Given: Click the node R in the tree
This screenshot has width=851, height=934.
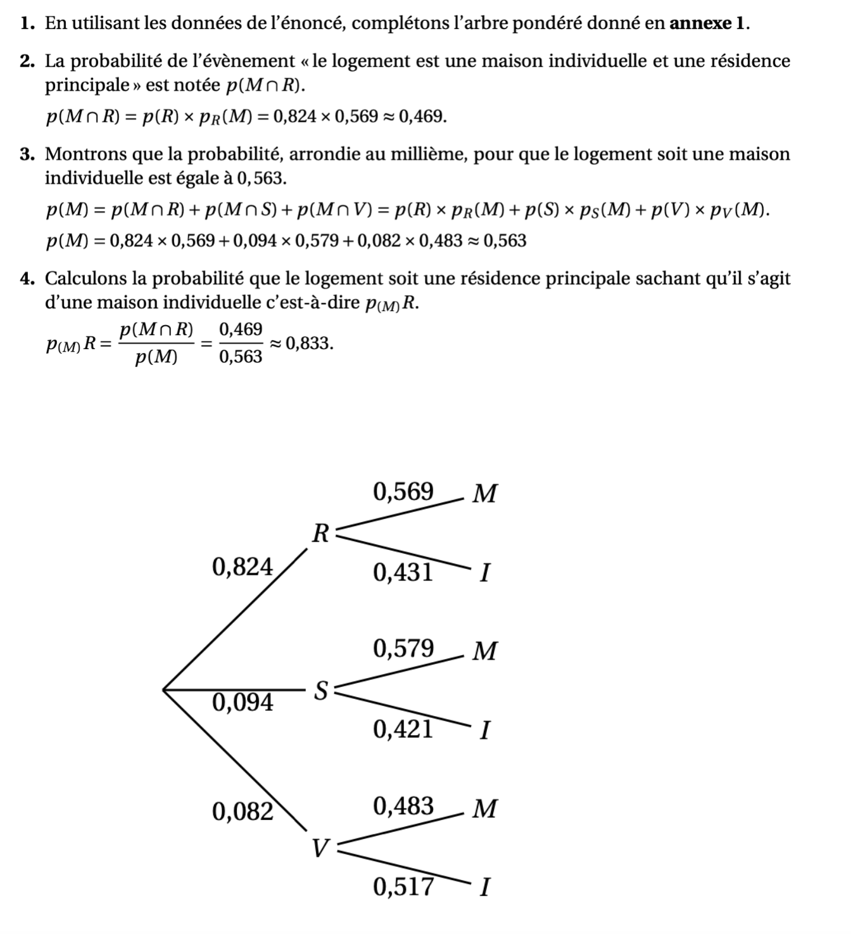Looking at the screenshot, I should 321,534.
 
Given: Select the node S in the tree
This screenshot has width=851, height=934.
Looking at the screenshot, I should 321,691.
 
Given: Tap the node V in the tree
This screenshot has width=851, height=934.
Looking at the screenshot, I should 321,848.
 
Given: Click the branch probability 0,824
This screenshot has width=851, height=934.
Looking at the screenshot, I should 243,566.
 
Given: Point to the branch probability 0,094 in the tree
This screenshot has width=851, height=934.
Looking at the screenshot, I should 243,702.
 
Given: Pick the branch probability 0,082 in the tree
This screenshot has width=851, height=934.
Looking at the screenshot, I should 243,811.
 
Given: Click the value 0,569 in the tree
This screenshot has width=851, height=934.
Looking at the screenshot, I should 403,491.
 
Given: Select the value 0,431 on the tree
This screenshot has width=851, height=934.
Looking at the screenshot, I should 403,573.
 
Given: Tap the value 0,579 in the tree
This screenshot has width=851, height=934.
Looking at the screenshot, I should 403,648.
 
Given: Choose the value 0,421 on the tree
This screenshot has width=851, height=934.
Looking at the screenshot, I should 403,729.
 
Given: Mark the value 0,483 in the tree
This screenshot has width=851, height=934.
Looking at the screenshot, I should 403,806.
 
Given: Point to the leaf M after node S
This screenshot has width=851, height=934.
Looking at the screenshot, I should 485,651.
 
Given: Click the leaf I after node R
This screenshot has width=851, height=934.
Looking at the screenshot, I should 484,573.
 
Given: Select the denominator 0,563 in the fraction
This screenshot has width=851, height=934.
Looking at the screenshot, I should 241,357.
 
